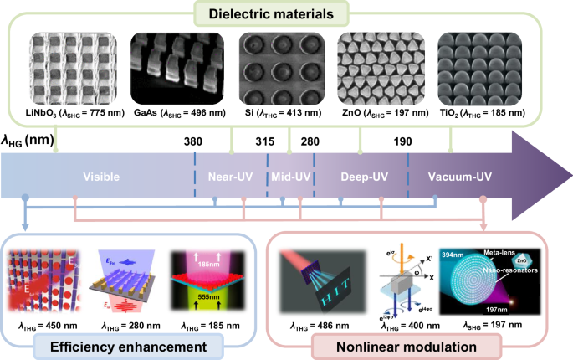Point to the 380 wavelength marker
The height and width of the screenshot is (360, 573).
point(193,141)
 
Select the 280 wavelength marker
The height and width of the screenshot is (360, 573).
point(309,141)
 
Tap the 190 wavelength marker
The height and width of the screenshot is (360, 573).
point(402,141)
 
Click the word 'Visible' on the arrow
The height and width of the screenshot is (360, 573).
point(101,177)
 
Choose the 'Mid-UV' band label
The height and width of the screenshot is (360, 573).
point(290,177)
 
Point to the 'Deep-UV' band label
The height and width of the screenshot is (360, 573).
point(364,177)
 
